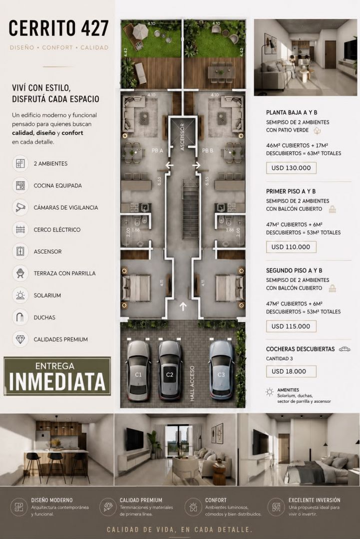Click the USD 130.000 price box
(291, 168)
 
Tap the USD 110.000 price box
(291, 247)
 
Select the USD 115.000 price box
(291, 326)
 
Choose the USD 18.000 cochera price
(291, 371)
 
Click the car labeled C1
(138, 370)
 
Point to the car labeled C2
(169, 370)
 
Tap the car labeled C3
(221, 370)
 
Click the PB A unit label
(157, 151)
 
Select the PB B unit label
(207, 151)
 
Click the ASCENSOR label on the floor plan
(182, 137)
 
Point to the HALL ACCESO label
(192, 383)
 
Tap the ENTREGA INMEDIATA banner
(57, 376)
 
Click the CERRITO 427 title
(58, 28)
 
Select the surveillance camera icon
(20, 207)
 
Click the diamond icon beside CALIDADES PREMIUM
(20, 339)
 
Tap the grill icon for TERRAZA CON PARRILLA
(20, 273)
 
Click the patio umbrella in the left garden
(140, 31)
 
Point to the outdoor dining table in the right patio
(221, 72)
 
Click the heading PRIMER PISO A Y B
(291, 192)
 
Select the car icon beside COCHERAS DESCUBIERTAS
(345, 349)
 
